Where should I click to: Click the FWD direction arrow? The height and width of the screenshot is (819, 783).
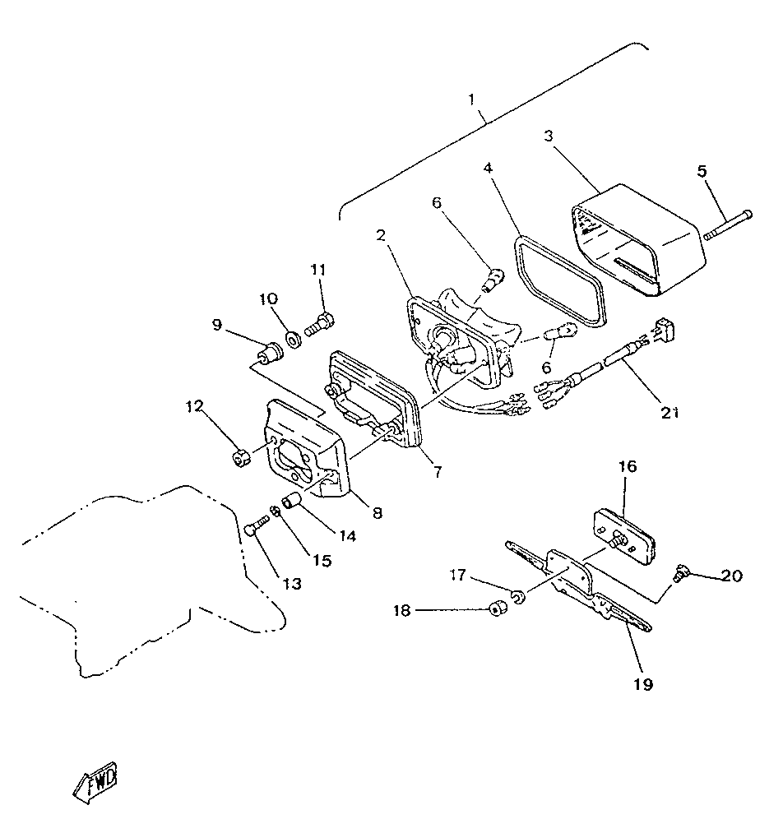pyautogui.click(x=95, y=782)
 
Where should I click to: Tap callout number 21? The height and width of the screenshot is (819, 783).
pyautogui.click(x=669, y=413)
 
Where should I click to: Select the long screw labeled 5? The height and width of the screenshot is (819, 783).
pyautogui.click(x=728, y=224)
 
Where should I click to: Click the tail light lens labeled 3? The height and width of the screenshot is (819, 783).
pyautogui.click(x=639, y=240)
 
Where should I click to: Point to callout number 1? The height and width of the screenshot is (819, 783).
pyautogui.click(x=471, y=99)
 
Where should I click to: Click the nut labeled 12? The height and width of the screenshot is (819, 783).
pyautogui.click(x=241, y=458)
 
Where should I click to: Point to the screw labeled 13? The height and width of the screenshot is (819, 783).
pyautogui.click(x=256, y=525)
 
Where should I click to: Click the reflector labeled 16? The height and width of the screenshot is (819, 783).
pyautogui.click(x=624, y=533)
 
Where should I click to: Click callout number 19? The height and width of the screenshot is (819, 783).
pyautogui.click(x=643, y=683)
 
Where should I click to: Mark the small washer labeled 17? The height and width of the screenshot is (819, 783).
pyautogui.click(x=519, y=595)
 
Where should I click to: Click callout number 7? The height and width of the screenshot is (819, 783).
pyautogui.click(x=438, y=472)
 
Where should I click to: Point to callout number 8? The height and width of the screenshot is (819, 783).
pyautogui.click(x=378, y=513)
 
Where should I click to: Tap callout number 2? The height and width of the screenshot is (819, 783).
pyautogui.click(x=381, y=235)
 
